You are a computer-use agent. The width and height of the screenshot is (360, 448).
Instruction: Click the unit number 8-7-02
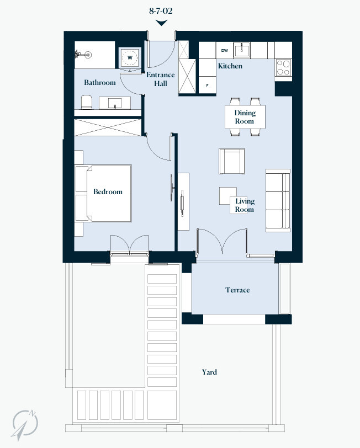[161, 10]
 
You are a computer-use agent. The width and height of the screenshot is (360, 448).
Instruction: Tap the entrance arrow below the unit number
[161, 23]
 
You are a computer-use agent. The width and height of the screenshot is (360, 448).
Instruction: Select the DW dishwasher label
[225, 51]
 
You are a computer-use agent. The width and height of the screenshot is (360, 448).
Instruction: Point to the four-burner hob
[283, 67]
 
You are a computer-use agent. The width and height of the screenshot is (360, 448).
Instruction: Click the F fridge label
[208, 86]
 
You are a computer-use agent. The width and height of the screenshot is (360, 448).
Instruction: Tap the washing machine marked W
[130, 57]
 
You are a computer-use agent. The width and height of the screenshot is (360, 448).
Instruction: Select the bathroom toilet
[87, 102]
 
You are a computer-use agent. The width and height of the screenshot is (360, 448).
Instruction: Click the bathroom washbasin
[115, 103]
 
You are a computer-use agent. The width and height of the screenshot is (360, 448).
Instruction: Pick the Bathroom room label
[100, 83]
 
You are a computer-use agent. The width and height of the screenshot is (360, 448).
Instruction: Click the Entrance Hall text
[160, 79]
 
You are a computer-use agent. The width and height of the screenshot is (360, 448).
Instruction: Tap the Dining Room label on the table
[245, 117]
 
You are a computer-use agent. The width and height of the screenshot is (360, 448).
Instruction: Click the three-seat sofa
[278, 199]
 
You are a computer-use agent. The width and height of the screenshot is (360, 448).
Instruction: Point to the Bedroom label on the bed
[108, 192]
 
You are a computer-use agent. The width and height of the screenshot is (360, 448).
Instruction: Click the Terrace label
[237, 290]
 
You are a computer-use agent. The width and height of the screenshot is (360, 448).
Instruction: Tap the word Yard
[209, 372]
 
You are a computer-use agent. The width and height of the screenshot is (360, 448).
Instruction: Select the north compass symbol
[26, 423]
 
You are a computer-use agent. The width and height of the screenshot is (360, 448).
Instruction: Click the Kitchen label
[230, 66]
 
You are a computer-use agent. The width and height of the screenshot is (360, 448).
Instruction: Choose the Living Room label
[245, 205]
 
